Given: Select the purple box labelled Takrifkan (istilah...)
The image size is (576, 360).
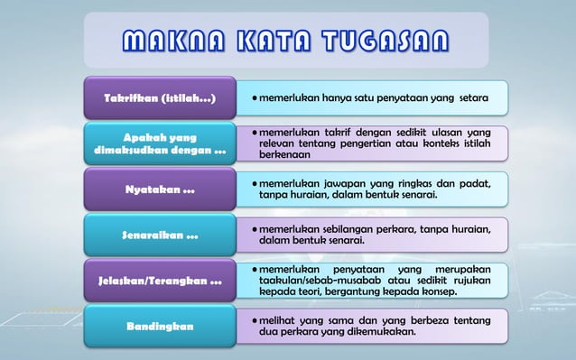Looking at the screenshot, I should click(160, 97).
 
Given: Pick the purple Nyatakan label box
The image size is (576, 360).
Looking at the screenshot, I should click(160, 190).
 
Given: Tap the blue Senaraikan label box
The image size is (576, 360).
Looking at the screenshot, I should click(160, 237).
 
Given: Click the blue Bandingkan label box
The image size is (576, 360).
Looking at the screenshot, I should click(160, 327).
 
